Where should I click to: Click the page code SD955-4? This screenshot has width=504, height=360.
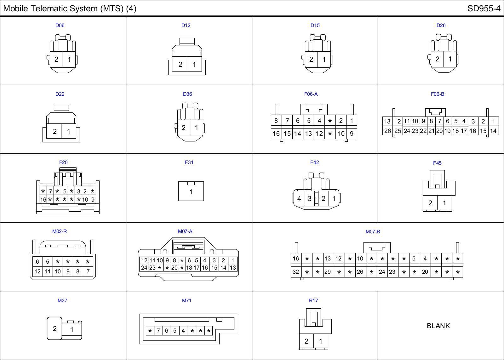pos(484,9)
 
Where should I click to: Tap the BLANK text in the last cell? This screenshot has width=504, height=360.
pos(438,326)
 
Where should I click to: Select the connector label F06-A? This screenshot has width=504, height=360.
pos(311,94)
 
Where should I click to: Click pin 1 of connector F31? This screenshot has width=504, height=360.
pos(191,192)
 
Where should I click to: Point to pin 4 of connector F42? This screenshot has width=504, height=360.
pos(299,199)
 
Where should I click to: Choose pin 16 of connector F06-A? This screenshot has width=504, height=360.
pos(276,134)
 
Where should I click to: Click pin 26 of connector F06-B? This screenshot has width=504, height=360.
pos(387,131)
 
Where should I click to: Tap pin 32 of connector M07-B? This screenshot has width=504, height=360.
pos(296,271)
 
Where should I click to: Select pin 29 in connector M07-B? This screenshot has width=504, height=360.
pos(328,271)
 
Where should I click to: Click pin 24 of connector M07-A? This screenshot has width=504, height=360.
pos(144,268)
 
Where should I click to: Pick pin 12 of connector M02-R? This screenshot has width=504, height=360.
pos(37,271)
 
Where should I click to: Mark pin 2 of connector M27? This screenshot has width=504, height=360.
pos(54,329)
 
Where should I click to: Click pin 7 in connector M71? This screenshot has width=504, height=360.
pos(158,331)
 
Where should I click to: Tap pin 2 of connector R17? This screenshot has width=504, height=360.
pos(306,341)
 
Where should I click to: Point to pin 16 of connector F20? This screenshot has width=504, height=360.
pos(43,199)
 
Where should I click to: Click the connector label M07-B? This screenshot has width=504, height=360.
pos(373,231)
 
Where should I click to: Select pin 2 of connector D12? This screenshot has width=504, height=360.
pos(180,65)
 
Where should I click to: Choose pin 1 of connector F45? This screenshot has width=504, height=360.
pos(444,203)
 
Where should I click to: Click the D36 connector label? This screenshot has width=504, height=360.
pos(187,94)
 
